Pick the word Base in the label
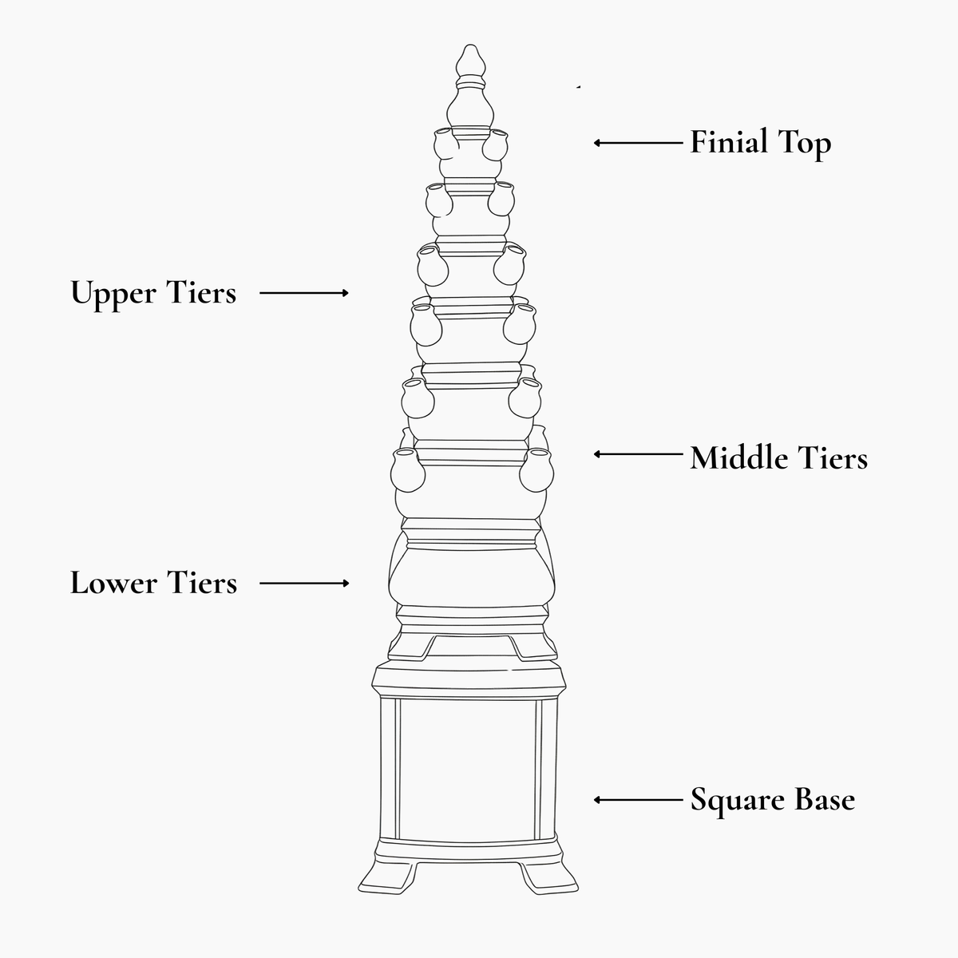point(825,800)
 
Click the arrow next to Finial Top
point(639,143)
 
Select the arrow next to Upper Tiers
point(303,293)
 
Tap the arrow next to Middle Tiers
point(639,454)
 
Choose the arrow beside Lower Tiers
point(304,583)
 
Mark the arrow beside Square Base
point(639,800)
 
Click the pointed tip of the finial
point(469,45)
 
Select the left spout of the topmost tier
point(445,144)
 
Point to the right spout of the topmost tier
point(495,144)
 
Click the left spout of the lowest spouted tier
point(408,469)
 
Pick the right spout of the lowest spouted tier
point(536,469)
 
